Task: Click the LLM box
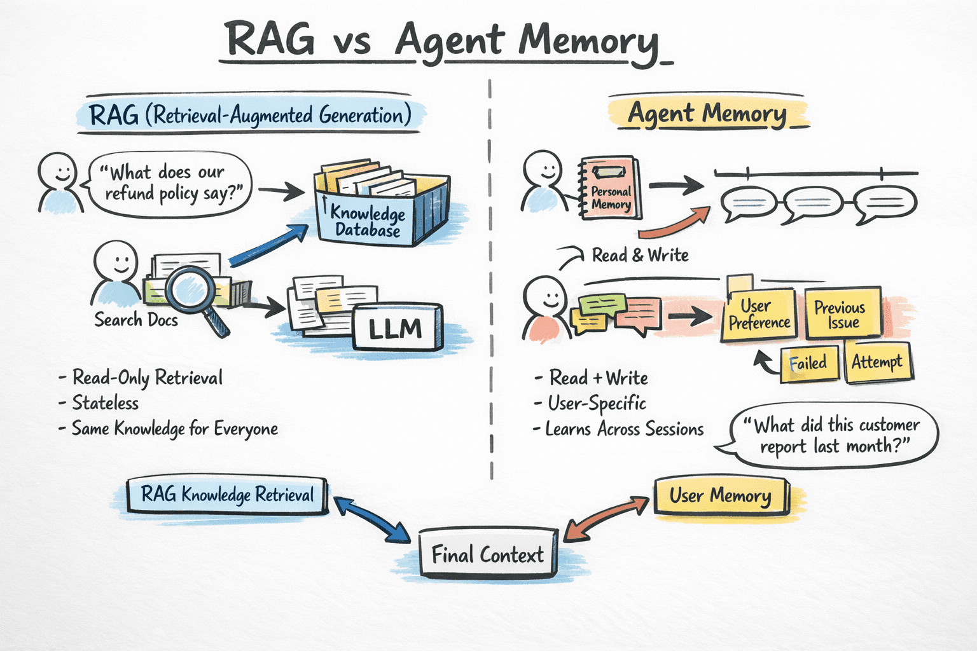pyautogui.click(x=397, y=328)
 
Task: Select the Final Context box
pyautogui.click(x=488, y=554)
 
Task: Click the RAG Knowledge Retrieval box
pyautogui.click(x=227, y=495)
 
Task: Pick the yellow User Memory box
pyautogui.click(x=721, y=496)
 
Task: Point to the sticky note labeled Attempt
pyautogui.click(x=877, y=362)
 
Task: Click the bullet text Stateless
pyautogui.click(x=105, y=403)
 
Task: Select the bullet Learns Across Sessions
pyautogui.click(x=624, y=429)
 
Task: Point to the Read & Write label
pyautogui.click(x=640, y=256)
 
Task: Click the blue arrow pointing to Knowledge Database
pyautogui.click(x=268, y=245)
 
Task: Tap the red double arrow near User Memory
pyautogui.click(x=607, y=518)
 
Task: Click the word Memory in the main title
pyautogui.click(x=588, y=41)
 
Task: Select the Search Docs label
pyautogui.click(x=136, y=320)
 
